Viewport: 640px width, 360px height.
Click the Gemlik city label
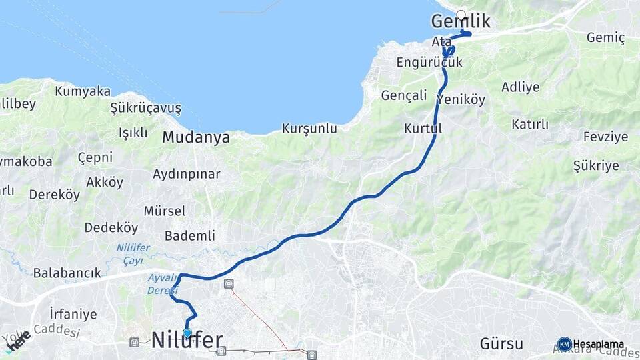coord(461,22)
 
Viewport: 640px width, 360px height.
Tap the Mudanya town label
coord(196,138)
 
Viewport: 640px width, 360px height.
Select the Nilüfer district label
coord(187,341)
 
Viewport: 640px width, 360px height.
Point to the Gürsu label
coord(501,344)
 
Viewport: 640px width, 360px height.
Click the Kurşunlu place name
coord(309,129)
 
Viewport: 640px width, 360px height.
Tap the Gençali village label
coord(403,95)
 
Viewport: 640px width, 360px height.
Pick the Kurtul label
coord(423,127)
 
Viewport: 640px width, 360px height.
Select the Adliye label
coord(520,87)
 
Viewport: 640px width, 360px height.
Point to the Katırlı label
coord(529,124)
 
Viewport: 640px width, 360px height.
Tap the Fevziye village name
coord(605,137)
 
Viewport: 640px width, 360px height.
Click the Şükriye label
coord(596,166)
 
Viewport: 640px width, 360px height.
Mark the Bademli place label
coord(189,235)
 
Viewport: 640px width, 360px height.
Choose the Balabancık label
coord(67,273)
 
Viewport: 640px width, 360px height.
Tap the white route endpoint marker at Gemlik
coord(461,15)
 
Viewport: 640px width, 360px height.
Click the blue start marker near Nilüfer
coord(187,333)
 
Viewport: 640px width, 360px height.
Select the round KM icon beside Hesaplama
coord(564,344)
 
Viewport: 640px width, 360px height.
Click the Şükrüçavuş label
coord(145,108)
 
